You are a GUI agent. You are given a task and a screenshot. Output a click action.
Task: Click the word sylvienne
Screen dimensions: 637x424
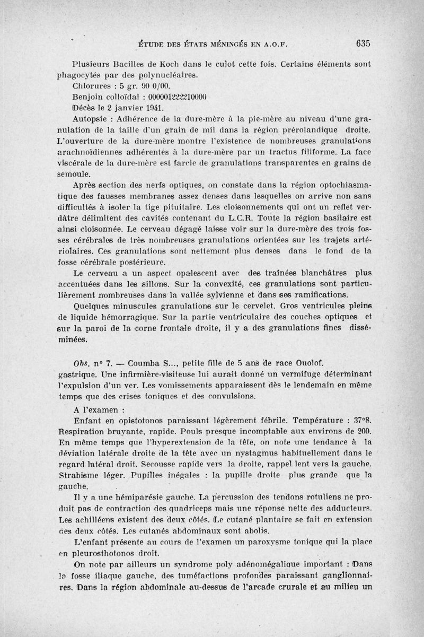coord(202,294)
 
